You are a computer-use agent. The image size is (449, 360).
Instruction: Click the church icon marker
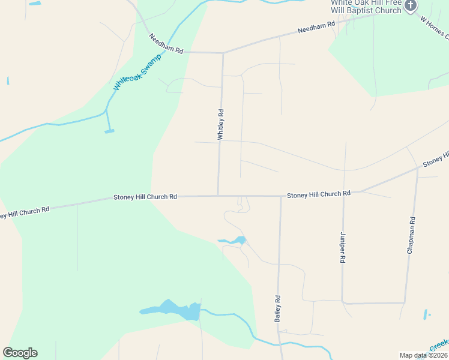tap(411, 6)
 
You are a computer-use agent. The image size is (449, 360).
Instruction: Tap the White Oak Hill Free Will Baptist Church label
tap(366, 7)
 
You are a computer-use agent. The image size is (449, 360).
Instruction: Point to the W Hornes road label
tap(433, 26)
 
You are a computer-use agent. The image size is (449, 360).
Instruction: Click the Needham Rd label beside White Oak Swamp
tap(166, 44)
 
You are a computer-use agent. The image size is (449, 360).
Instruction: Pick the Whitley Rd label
tap(221, 124)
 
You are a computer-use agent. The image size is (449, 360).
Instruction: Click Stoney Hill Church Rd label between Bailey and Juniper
tap(318, 194)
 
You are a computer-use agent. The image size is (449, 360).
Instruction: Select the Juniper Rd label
tap(343, 247)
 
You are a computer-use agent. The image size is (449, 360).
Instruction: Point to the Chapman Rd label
tap(411, 239)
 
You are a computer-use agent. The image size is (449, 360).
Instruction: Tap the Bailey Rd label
tap(278, 308)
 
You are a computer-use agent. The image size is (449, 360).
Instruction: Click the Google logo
tap(20, 353)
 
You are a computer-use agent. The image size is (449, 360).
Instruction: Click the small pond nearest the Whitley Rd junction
tap(238, 241)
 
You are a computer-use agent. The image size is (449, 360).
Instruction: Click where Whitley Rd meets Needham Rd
tap(223, 53)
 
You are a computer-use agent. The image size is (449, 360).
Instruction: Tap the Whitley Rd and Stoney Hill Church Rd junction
tap(218, 196)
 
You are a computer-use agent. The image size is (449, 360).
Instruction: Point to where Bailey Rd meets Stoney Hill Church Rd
tap(280, 196)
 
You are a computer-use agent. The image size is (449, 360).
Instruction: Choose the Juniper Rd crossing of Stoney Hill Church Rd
tap(344, 193)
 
